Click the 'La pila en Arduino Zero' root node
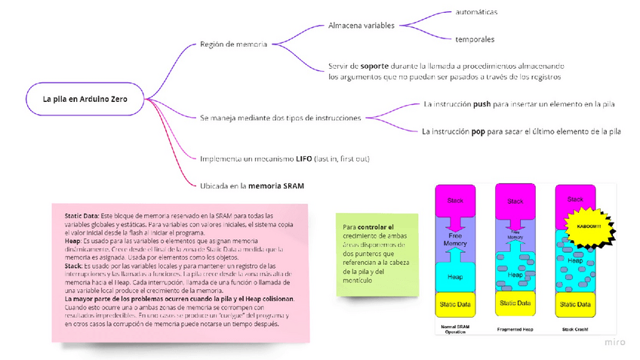tap(84, 99)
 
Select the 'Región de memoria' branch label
tap(233, 45)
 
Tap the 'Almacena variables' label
tap(362, 26)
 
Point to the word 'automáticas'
tap(476, 12)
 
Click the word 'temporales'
tap(475, 39)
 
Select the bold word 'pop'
tap(478, 131)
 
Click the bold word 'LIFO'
tap(305, 158)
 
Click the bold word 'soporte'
tap(374, 66)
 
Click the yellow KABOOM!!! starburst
tap(589, 226)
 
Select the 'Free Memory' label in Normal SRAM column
tap(455, 240)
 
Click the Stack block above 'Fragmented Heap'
tap(515, 202)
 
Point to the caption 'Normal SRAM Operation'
tap(455, 330)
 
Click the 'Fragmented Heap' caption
tap(515, 328)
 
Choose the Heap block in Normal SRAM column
tap(455, 276)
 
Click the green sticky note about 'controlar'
tap(377, 254)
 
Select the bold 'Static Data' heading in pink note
tap(82, 216)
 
